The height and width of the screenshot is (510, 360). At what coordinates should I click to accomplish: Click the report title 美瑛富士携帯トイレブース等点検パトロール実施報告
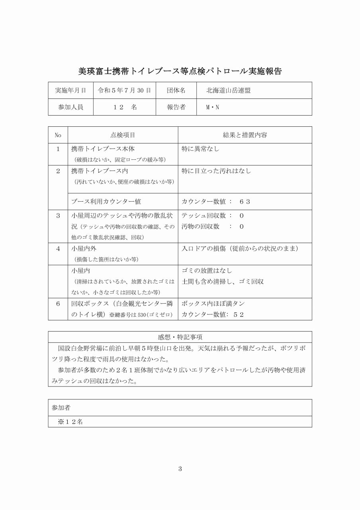click(180, 72)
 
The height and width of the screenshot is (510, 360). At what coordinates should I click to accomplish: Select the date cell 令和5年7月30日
click(124, 90)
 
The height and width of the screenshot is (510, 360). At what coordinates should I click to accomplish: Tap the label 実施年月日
click(70, 90)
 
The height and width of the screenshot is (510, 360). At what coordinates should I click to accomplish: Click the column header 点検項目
click(123, 135)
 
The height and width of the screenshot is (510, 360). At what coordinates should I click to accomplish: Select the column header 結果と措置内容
click(245, 135)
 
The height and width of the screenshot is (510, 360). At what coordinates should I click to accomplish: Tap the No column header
click(58, 135)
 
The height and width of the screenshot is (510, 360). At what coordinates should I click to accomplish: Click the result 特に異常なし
click(201, 149)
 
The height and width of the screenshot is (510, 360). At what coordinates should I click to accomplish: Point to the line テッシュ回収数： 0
click(213, 216)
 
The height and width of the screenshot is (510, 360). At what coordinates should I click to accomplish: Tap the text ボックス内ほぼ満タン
click(213, 304)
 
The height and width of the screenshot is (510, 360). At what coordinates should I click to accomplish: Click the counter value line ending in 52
click(213, 314)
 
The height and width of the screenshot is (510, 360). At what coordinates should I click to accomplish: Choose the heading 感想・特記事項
click(180, 337)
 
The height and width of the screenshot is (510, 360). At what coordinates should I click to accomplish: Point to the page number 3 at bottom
click(180, 469)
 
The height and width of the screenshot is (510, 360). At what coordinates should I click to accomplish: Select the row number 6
click(58, 304)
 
